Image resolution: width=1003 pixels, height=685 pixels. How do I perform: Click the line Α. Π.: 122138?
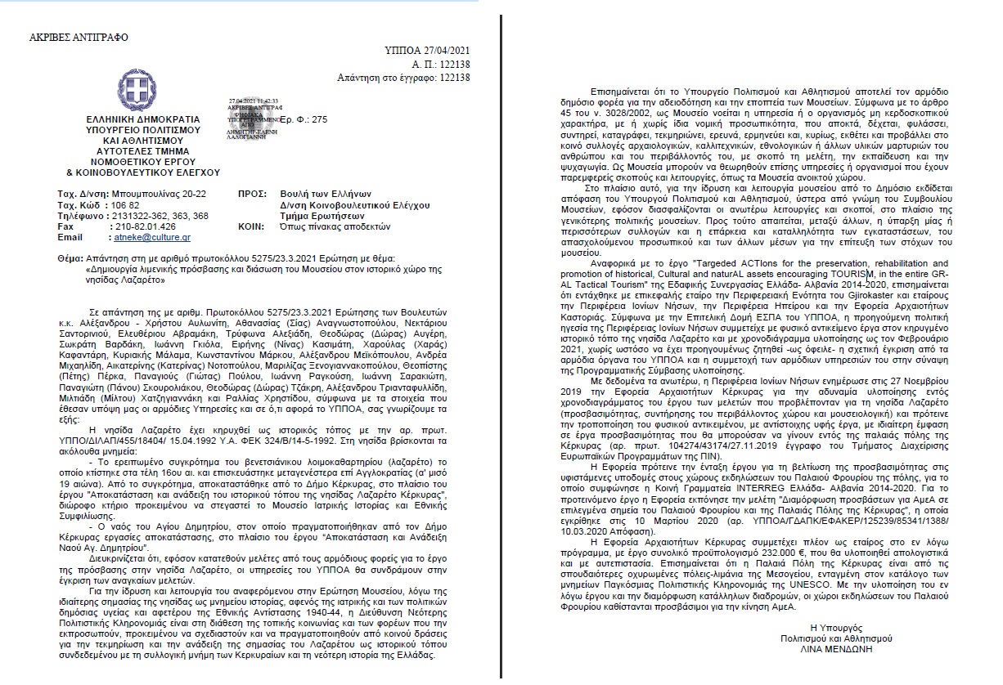(438, 64)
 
